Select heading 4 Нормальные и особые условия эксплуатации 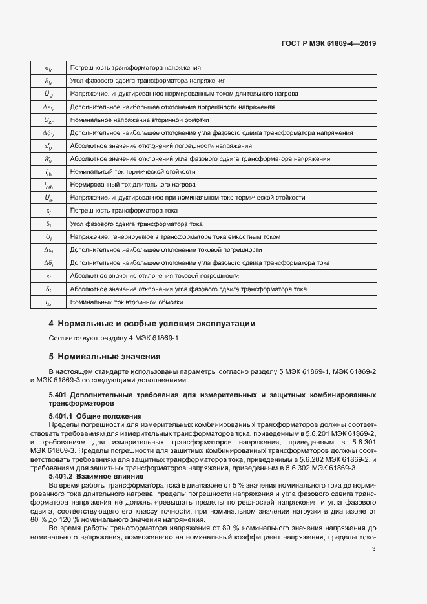tap(152, 323)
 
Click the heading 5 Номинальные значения tap(104, 356)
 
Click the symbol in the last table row tap(48, 302)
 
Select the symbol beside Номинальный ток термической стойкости tap(48, 172)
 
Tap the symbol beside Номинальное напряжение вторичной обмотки tap(48, 120)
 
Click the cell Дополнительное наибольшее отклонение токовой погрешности tap(166, 250)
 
